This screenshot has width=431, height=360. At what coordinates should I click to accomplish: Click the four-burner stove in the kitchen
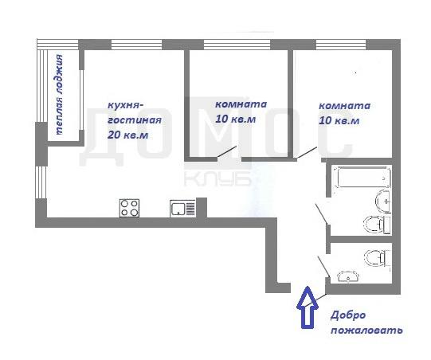pyautogui.click(x=129, y=208)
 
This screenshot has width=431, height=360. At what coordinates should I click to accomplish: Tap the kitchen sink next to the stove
pyautogui.click(x=182, y=208)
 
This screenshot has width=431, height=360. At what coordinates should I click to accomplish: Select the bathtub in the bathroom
pyautogui.click(x=362, y=177)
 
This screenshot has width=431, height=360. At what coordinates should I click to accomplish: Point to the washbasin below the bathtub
pyautogui.click(x=383, y=201)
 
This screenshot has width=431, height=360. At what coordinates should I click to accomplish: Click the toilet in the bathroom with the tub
pyautogui.click(x=377, y=225)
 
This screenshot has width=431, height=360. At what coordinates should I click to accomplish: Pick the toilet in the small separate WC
pyautogui.click(x=378, y=258)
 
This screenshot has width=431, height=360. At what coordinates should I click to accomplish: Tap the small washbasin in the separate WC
pyautogui.click(x=348, y=276)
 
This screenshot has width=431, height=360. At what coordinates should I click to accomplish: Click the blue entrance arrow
pyautogui.click(x=308, y=307)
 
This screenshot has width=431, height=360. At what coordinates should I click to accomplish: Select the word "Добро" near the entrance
pyautogui.click(x=348, y=315)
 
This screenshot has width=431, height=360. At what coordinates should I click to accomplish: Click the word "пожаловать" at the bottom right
pyautogui.click(x=366, y=330)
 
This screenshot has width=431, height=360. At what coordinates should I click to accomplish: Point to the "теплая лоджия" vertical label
pyautogui.click(x=59, y=94)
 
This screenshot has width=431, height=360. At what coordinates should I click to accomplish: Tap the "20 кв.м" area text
pyautogui.click(x=127, y=135)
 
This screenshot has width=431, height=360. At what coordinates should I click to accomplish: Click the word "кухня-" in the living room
pyautogui.click(x=126, y=105)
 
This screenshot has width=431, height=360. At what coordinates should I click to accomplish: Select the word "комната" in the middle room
pyautogui.click(x=241, y=104)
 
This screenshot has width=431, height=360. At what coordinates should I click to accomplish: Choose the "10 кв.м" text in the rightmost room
pyautogui.click(x=339, y=120)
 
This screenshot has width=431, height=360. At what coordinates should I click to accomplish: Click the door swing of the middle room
pyautogui.click(x=227, y=151)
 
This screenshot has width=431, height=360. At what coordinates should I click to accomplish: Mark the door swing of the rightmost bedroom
pyautogui.click(x=307, y=153)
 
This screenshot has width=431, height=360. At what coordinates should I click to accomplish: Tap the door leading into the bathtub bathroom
pyautogui.click(x=321, y=214)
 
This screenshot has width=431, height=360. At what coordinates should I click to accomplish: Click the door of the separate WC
pyautogui.click(x=323, y=267)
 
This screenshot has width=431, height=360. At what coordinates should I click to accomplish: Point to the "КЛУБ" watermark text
pyautogui.click(x=217, y=179)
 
